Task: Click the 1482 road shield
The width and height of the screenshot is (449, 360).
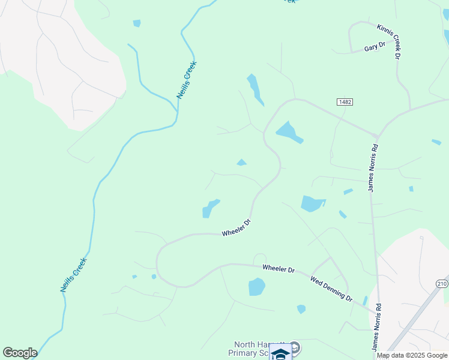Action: pos(345,103)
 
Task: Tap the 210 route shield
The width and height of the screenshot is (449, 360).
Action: pos(442,283)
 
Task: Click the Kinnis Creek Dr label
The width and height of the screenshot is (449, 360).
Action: pos(390,41)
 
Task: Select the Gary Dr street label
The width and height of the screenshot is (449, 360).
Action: pos(374,47)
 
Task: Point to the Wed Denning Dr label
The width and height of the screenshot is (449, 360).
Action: pos(331,289)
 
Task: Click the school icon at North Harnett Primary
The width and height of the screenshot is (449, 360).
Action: pos(280,353)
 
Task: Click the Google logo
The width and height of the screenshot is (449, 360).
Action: pos(20,353)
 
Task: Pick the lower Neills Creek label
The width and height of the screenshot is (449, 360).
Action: pos(74,275)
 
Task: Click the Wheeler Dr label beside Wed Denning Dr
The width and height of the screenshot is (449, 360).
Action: pos(279,269)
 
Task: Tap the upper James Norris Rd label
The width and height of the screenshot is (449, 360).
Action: pos(373,168)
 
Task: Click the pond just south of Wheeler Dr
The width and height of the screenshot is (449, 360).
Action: pos(257,287)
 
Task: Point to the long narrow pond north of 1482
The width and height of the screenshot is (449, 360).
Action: pos(255,89)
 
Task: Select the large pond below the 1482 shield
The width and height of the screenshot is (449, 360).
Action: pos(289,132)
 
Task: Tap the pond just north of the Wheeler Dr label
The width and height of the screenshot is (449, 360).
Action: pos(210,208)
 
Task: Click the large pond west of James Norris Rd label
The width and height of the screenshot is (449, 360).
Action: pos(312,203)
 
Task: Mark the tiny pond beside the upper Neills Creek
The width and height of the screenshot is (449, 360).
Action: pos(137,23)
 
